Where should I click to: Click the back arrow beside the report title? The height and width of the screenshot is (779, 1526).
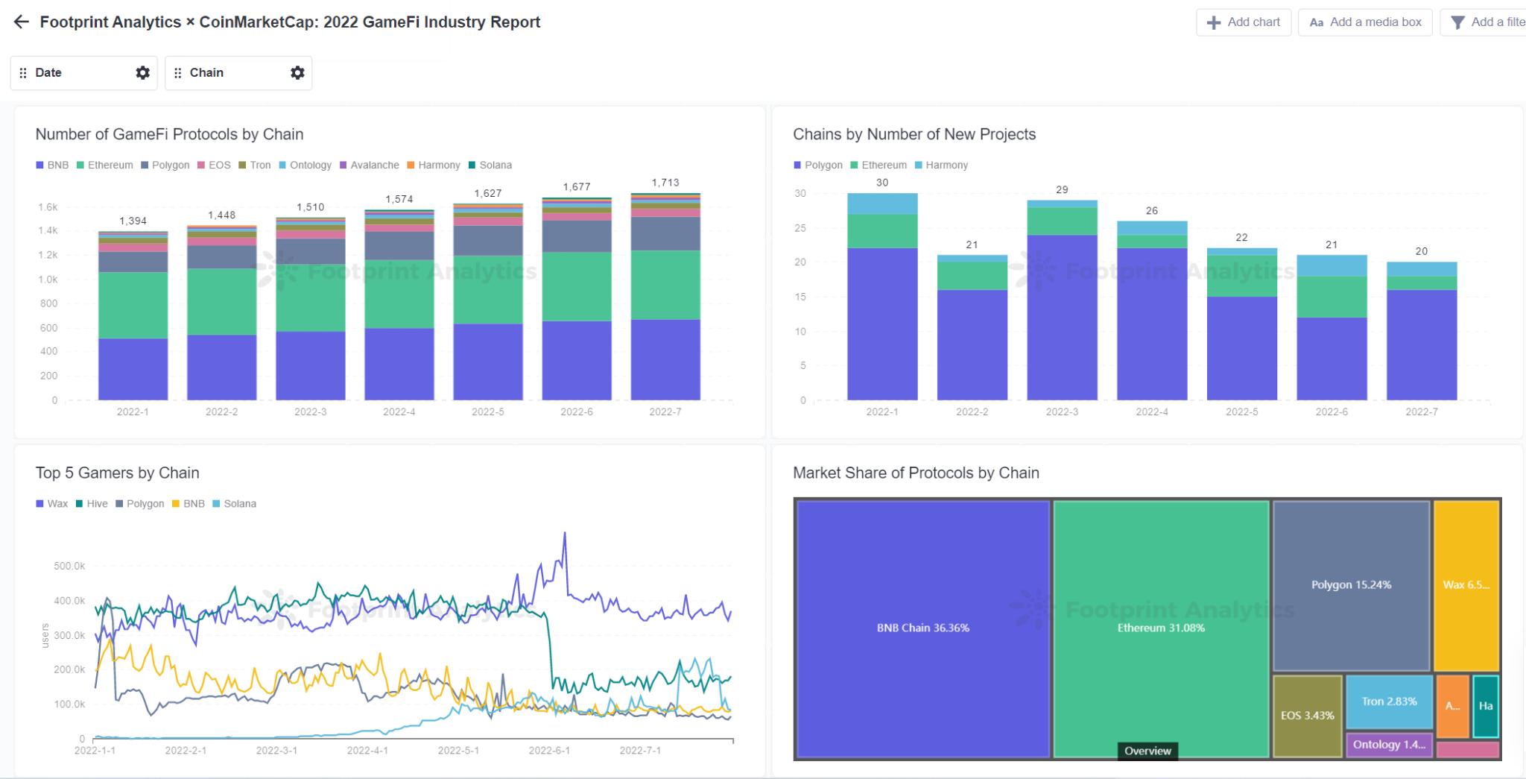(x=22, y=22)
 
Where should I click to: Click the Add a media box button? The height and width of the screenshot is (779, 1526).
(x=1366, y=22)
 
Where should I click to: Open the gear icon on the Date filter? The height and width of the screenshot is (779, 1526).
(x=142, y=72)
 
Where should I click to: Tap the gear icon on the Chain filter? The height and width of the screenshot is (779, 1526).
(x=297, y=72)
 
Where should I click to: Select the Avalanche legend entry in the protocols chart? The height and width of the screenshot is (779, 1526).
(x=370, y=165)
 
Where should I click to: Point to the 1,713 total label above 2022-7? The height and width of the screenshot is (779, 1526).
(x=665, y=183)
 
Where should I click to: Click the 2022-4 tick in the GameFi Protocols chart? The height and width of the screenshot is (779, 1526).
(x=399, y=412)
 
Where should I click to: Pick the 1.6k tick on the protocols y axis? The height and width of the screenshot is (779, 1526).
(x=48, y=207)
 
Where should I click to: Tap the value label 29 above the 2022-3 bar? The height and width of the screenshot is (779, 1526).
(x=1062, y=190)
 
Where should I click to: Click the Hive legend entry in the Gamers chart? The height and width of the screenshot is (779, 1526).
(x=92, y=504)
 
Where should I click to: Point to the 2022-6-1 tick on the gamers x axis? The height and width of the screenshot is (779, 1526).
(x=549, y=751)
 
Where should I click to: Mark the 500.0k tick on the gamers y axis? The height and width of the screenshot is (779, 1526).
(x=69, y=567)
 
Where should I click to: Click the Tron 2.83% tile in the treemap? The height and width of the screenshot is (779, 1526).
(x=1389, y=701)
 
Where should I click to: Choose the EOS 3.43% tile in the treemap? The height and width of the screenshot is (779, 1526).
(x=1307, y=716)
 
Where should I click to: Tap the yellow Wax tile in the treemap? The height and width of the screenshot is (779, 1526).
(x=1466, y=585)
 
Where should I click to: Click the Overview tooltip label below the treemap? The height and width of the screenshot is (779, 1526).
(x=1147, y=751)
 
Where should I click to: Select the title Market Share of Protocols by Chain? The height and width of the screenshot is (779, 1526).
(x=916, y=473)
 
